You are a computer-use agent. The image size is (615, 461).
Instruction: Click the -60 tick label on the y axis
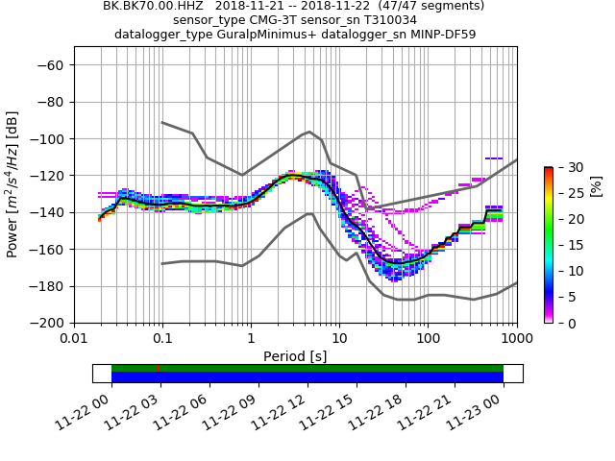click(52, 65)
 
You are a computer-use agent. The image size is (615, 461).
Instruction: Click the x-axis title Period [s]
click(295, 356)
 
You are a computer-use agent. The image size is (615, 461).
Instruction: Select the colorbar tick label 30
click(567, 167)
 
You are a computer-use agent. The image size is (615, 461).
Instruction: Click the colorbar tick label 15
click(567, 245)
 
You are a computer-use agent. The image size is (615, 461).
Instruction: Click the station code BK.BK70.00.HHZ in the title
click(154, 6)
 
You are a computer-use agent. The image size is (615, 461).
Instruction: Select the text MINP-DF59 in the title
click(443, 35)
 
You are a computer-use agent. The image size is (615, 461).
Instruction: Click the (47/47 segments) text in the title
click(430, 6)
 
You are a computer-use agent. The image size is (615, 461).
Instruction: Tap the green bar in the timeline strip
click(307, 368)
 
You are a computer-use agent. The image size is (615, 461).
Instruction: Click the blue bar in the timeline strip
click(307, 377)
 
